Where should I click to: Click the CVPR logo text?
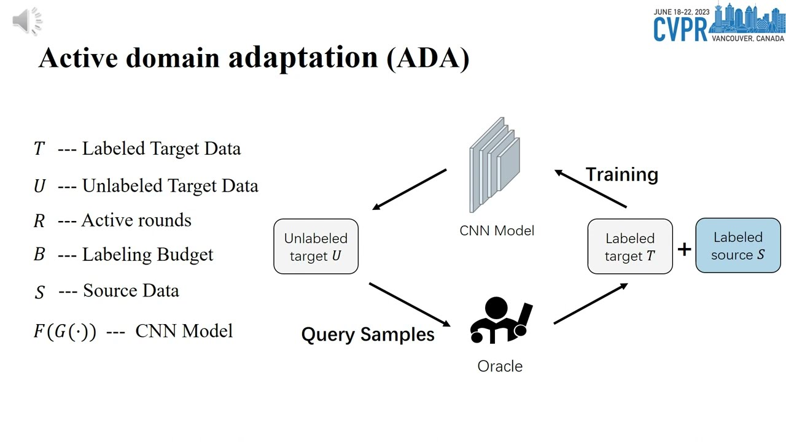click(680, 29)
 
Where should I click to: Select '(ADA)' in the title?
click(428, 58)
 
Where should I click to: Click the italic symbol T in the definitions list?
click(39, 149)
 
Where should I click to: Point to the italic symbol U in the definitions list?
click(39, 186)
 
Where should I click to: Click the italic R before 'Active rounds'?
click(39, 221)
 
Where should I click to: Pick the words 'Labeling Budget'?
click(147, 255)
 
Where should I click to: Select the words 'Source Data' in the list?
click(131, 290)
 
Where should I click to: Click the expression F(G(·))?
click(64, 331)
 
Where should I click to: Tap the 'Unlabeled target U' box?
click(316, 246)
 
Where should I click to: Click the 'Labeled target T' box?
click(630, 246)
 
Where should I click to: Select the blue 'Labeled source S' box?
click(738, 246)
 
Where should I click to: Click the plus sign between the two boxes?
click(684, 249)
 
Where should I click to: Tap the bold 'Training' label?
click(621, 174)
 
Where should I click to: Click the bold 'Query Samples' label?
click(368, 335)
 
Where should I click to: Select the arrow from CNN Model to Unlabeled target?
click(410, 189)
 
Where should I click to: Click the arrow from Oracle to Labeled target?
click(590, 303)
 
